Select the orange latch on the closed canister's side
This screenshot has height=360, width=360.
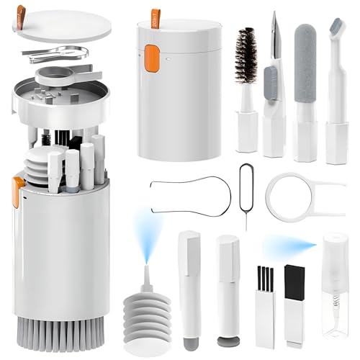pos(151,60)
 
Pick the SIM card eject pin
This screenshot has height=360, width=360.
pos(245,194)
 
